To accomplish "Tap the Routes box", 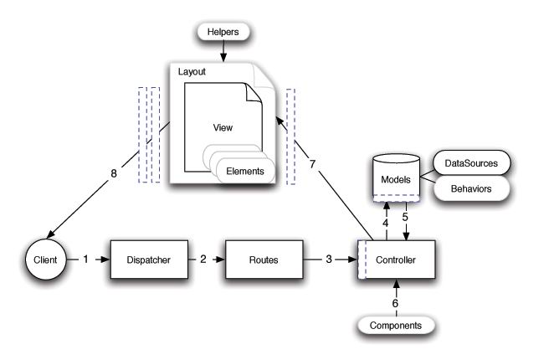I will point(264,261).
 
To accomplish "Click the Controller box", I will point(398,261).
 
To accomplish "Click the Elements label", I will point(246,172).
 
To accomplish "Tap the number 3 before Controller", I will point(329,261).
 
